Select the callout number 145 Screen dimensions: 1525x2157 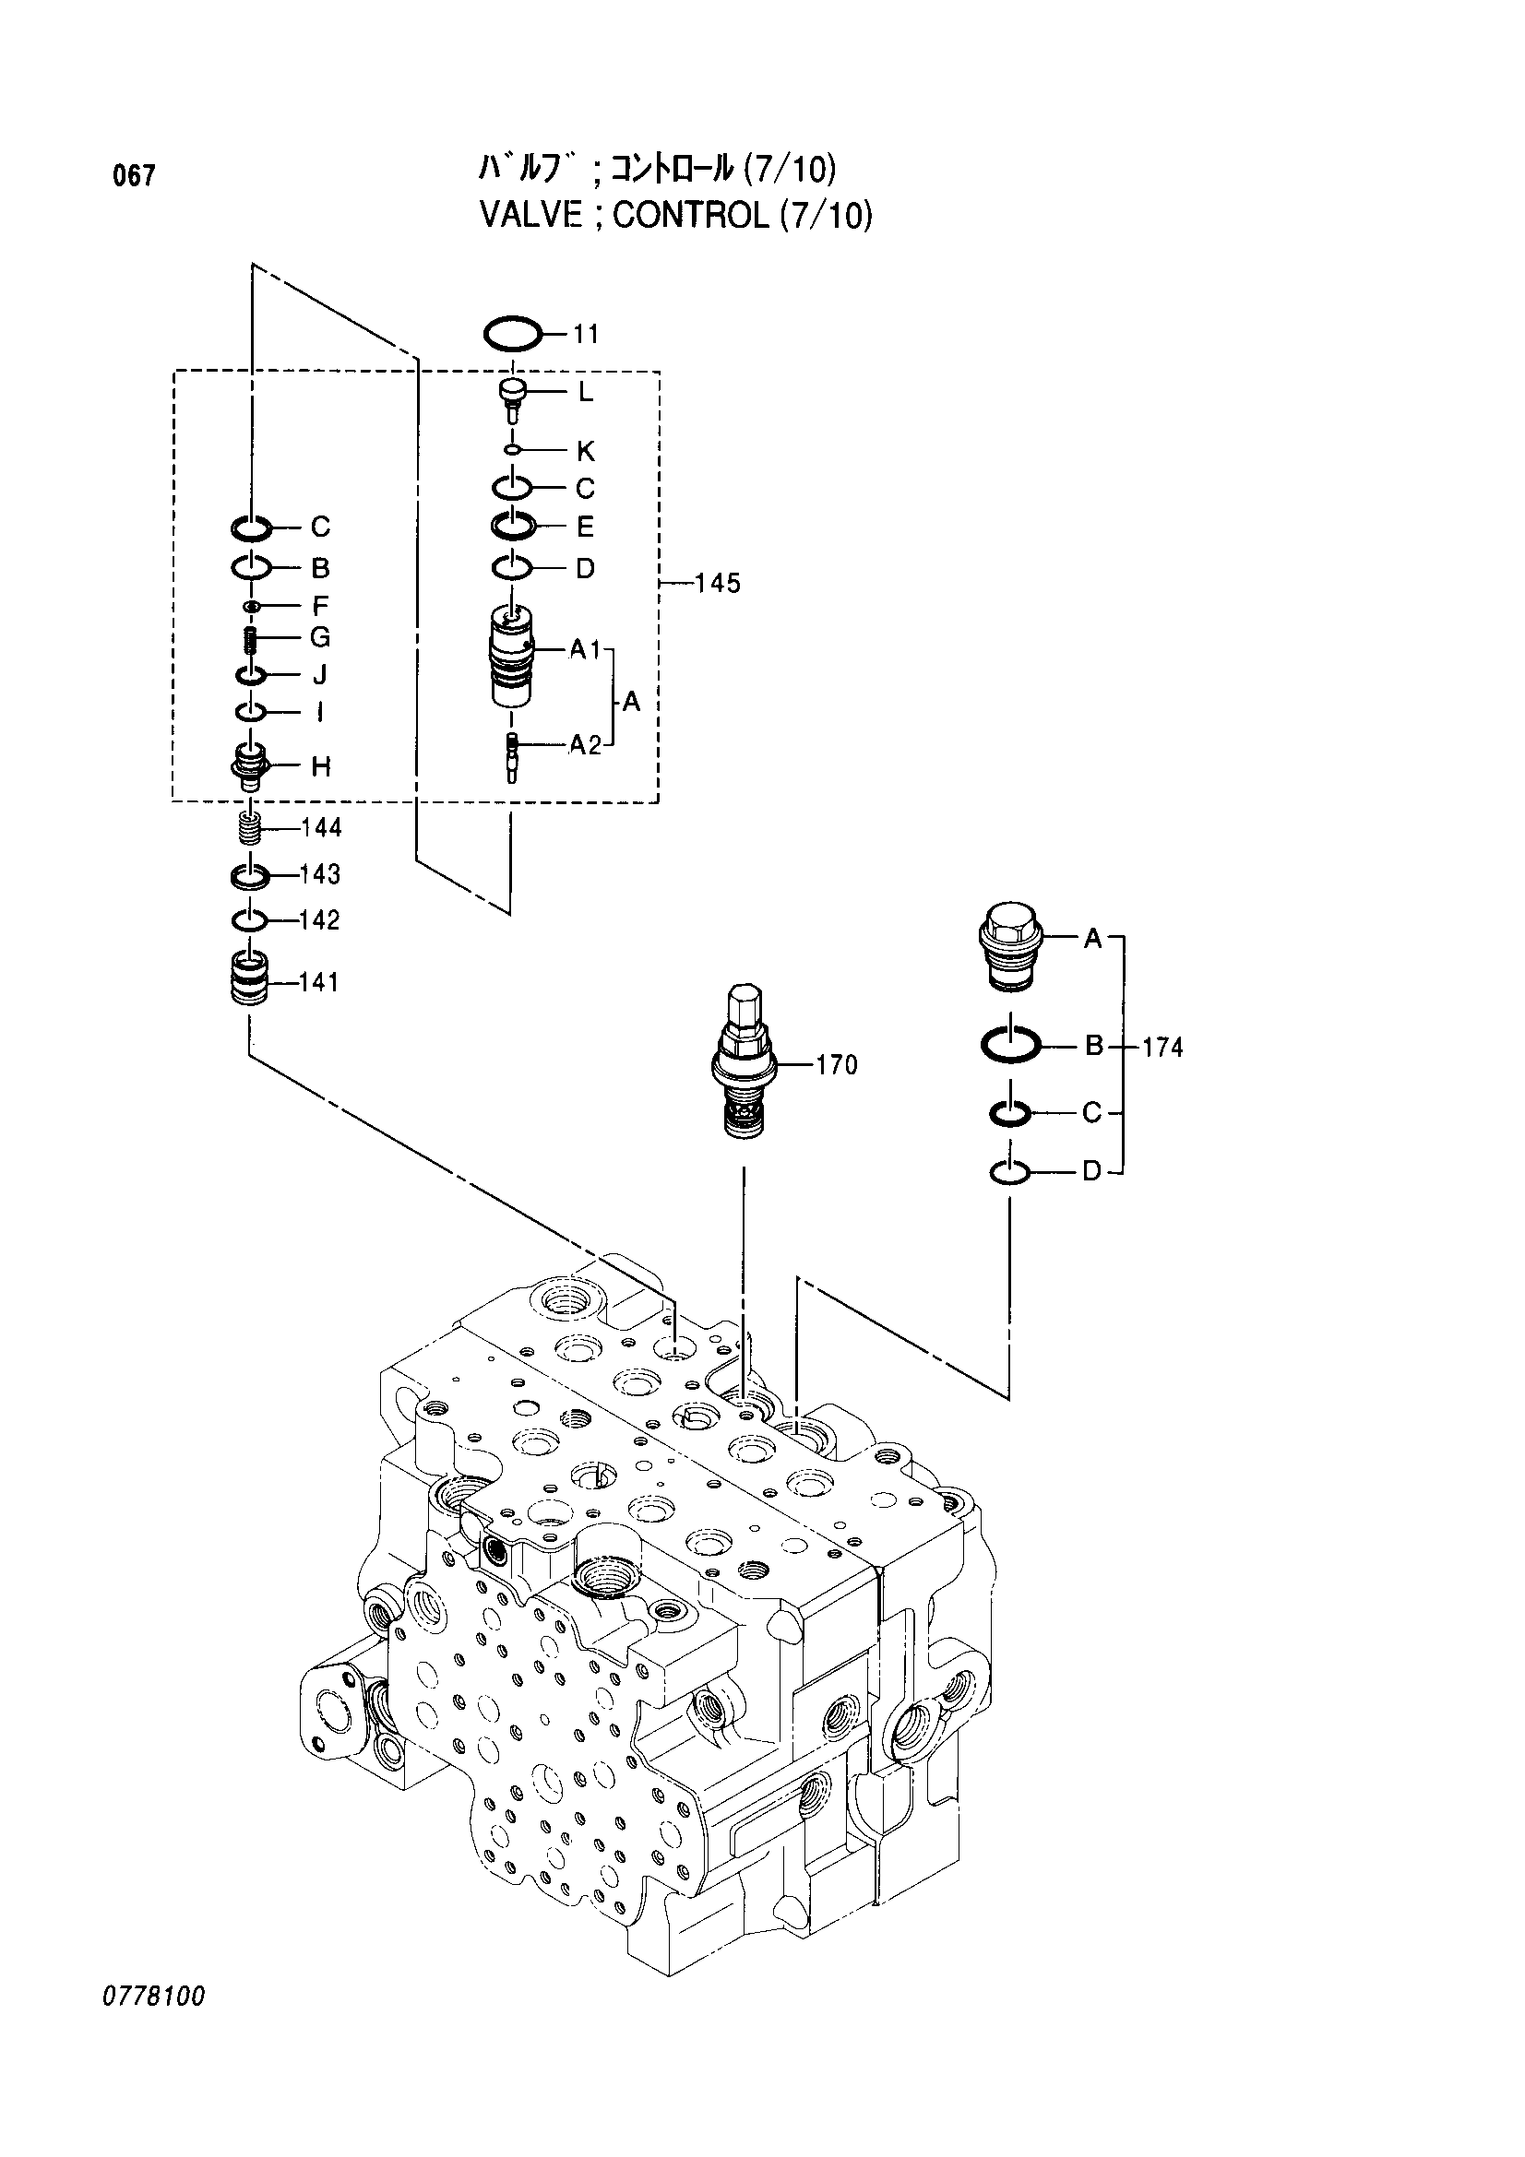tap(718, 584)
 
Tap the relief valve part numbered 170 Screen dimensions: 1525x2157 tap(744, 1061)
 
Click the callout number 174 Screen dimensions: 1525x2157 tap(1162, 1047)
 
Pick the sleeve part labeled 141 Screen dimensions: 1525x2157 tap(250, 980)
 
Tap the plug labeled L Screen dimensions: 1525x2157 tap(512, 397)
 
